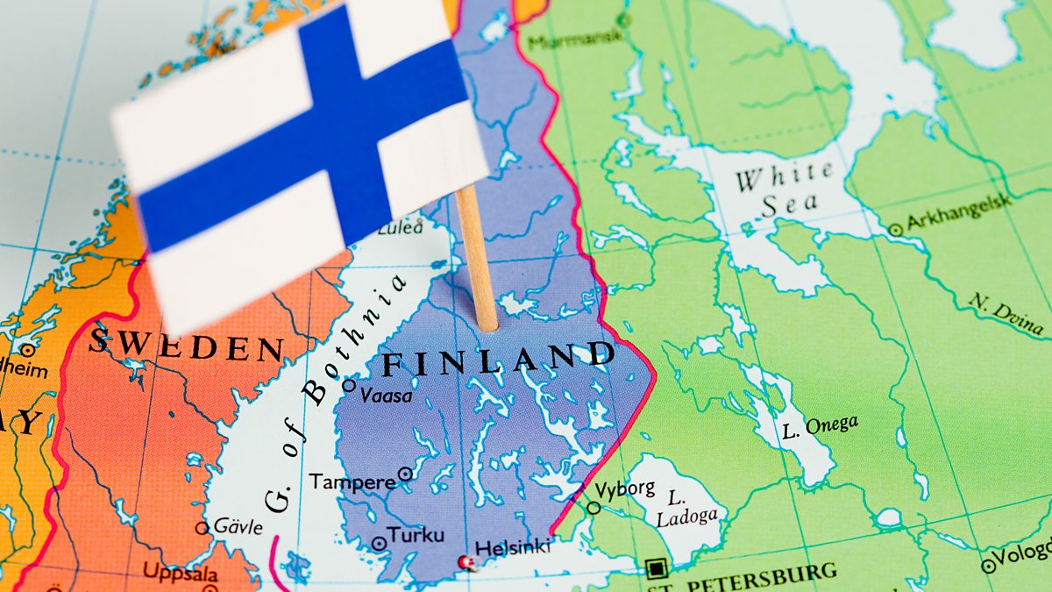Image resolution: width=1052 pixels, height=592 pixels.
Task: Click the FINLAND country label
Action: tap(499, 359)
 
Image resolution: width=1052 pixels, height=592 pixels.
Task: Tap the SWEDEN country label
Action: tap(186, 343)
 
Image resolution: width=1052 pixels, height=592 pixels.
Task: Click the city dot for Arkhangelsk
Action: tap(895, 230)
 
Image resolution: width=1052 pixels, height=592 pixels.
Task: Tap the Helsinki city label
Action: tap(513, 546)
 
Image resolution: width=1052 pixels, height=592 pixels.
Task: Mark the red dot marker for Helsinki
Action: tap(466, 561)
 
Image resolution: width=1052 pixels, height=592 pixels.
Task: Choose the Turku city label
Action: tap(416, 535)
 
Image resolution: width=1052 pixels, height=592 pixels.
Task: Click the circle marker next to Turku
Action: tap(379, 543)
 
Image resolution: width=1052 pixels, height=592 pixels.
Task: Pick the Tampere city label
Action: tap(352, 481)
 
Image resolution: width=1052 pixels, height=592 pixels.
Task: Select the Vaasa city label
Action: tap(386, 396)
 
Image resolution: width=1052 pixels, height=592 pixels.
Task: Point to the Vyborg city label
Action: tap(625, 489)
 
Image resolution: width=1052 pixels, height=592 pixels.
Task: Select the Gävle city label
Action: tap(238, 527)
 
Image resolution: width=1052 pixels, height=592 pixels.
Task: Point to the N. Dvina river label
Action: tap(1006, 313)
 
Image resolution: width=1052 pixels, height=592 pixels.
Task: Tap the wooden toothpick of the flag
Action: tap(478, 263)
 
